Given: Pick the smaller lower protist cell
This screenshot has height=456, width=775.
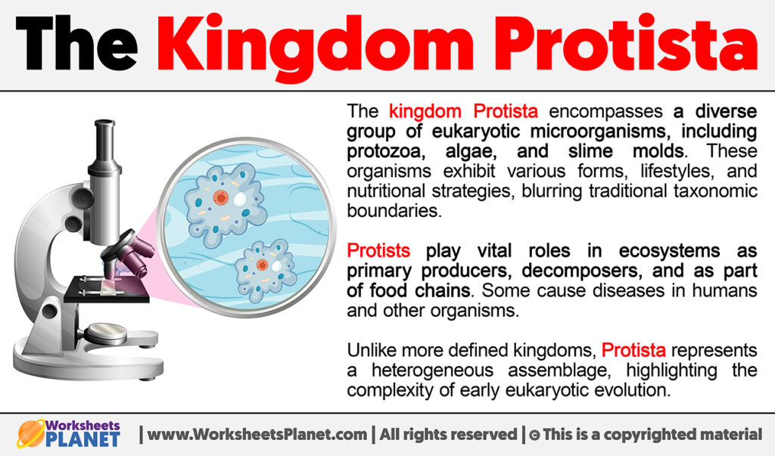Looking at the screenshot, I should tap(264, 268).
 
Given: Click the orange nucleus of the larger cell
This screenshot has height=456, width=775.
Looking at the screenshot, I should tap(220, 198).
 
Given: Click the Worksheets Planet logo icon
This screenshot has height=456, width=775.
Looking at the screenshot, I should tap(33, 434).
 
